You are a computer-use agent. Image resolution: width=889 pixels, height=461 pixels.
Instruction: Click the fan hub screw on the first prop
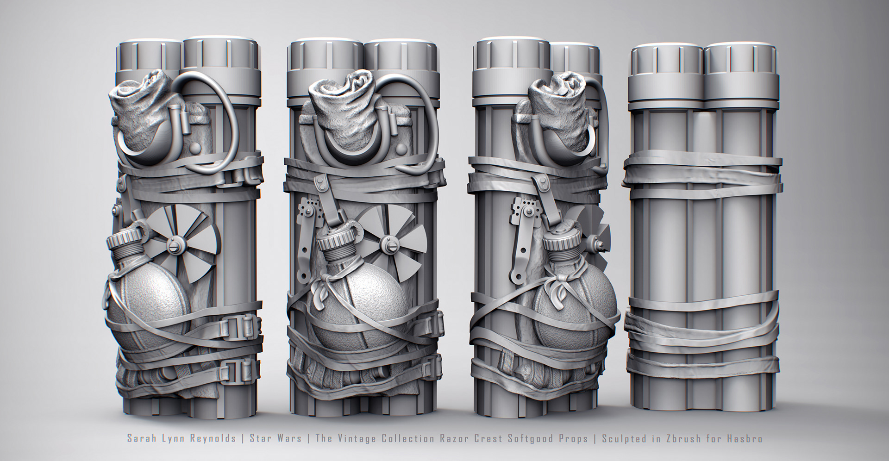(x=175, y=242)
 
